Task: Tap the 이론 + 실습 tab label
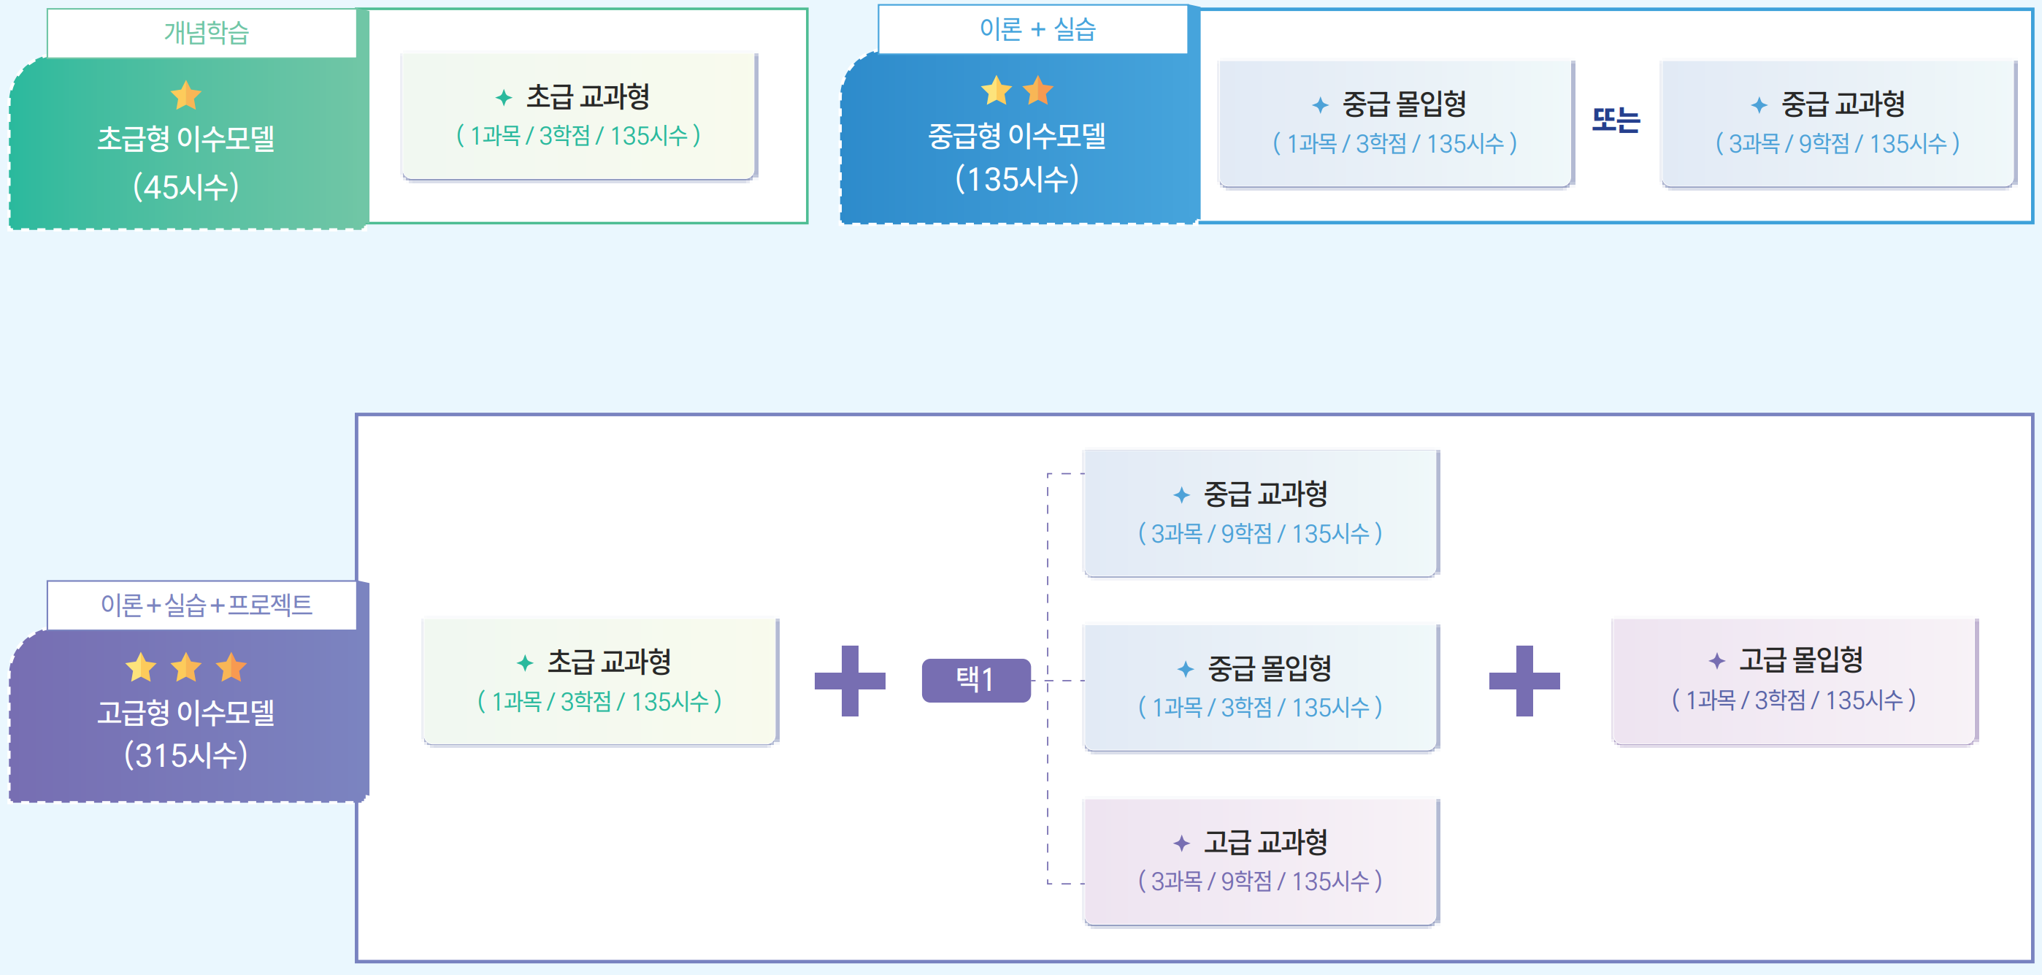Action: [1037, 30]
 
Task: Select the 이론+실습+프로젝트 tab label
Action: [205, 605]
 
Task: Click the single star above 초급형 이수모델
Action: [186, 96]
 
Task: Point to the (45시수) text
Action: [186, 187]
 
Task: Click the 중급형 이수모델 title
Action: [1016, 137]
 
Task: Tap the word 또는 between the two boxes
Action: [1616, 120]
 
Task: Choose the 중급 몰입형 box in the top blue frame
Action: [1394, 123]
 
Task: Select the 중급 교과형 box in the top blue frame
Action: [1837, 123]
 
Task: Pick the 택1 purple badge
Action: [976, 680]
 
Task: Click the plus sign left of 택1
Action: [850, 681]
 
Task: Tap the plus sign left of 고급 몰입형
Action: [1524, 681]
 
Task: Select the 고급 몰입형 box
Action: [1794, 681]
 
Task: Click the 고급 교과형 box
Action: [1260, 862]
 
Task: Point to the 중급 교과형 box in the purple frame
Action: [1260, 513]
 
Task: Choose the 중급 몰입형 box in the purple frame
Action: [1260, 687]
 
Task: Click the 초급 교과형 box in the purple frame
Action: [600, 681]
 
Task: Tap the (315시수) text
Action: [186, 755]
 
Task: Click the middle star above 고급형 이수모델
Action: [186, 668]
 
